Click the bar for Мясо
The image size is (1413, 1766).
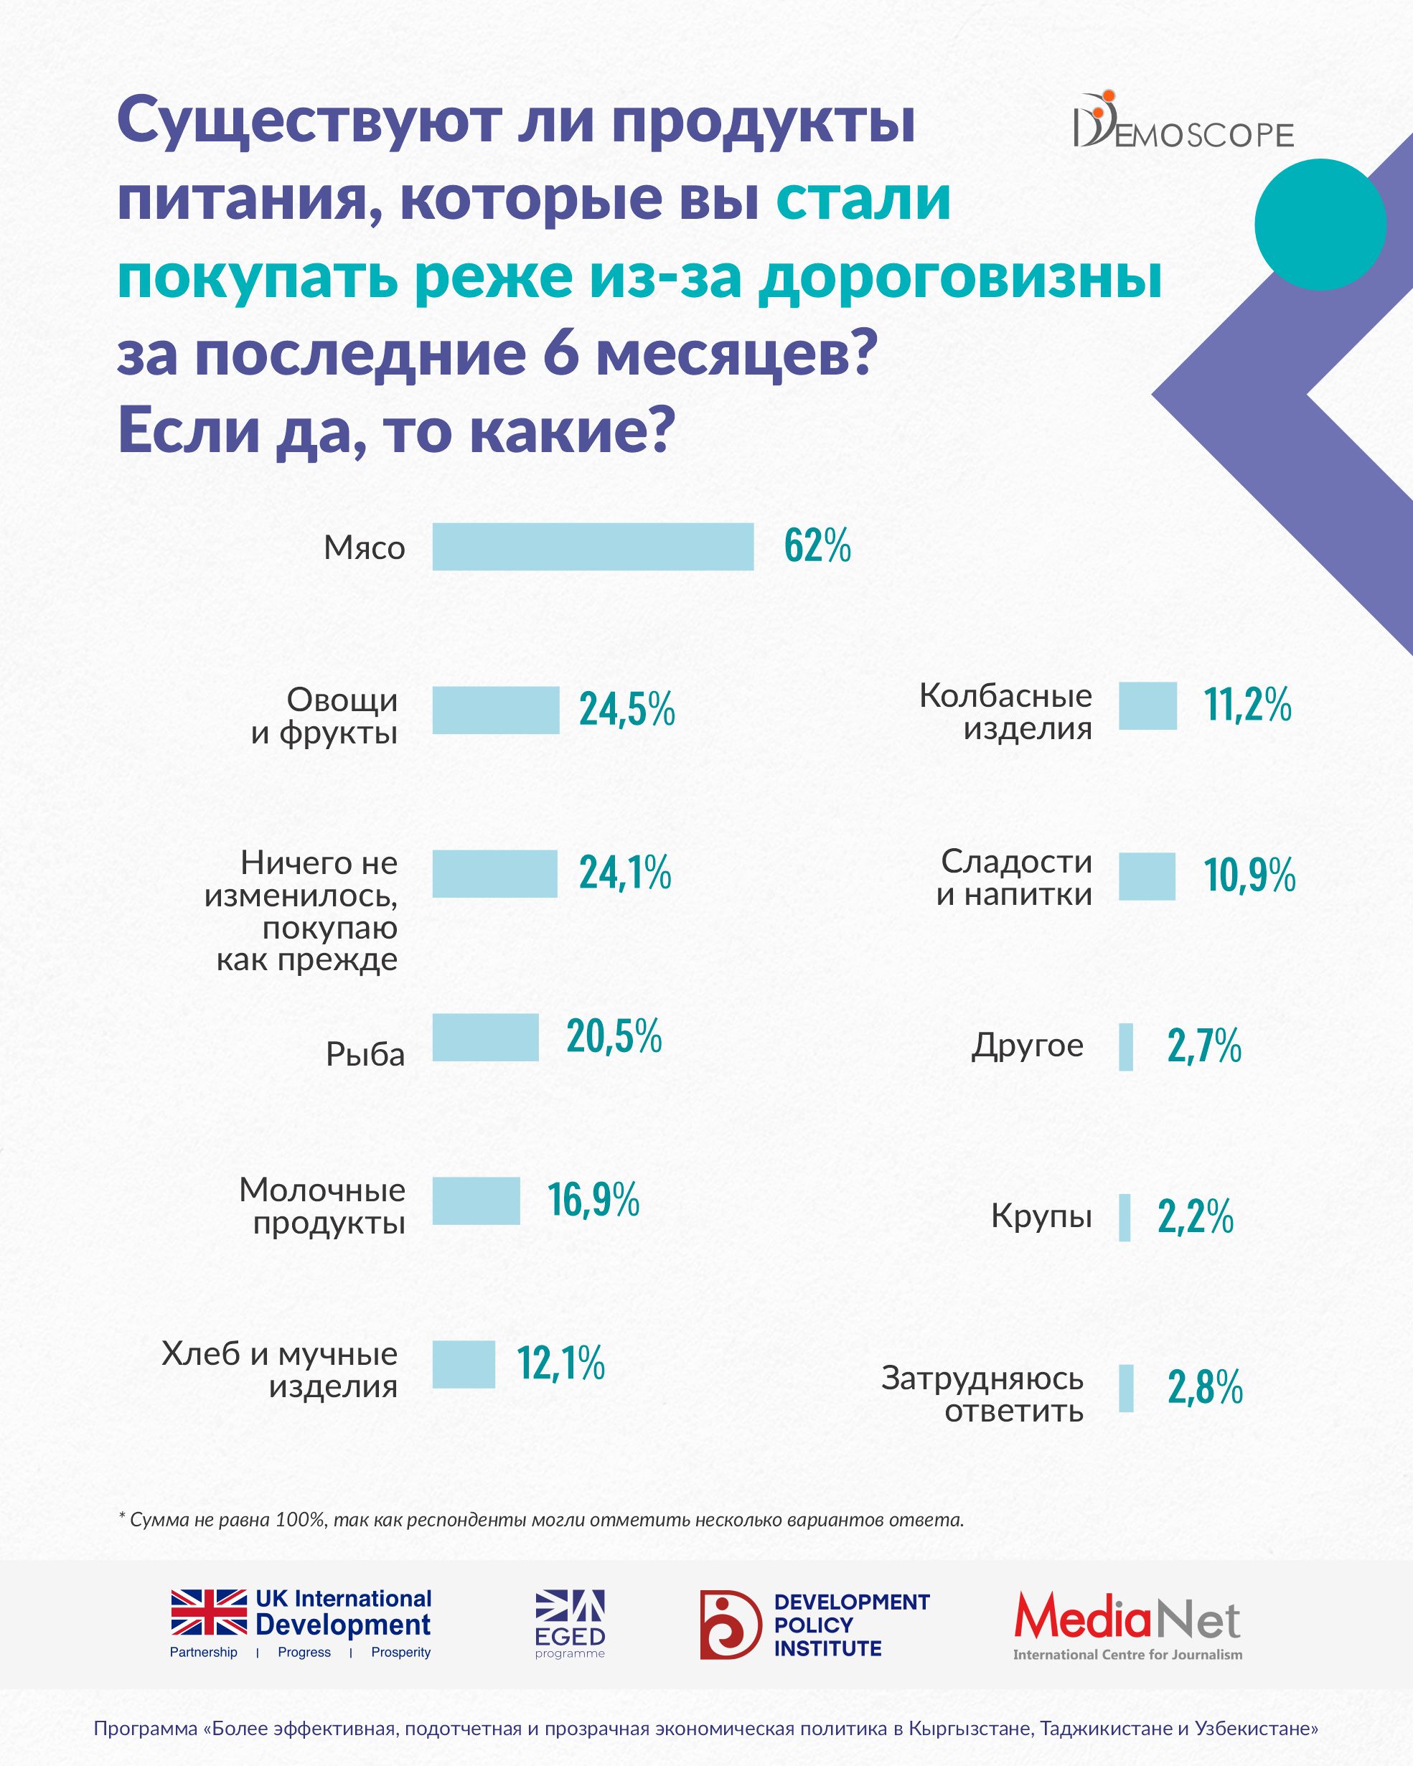tap(592, 546)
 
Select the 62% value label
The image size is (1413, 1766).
tap(817, 545)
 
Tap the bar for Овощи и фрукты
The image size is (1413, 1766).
tap(496, 710)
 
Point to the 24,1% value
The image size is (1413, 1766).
tap(625, 873)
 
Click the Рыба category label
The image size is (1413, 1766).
tap(365, 1054)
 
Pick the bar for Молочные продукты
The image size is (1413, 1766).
tap(476, 1201)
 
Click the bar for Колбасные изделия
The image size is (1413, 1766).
tap(1147, 705)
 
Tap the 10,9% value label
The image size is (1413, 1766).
tap(1249, 875)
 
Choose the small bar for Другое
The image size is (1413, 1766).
tap(1126, 1047)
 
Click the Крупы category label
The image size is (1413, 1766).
tap(1041, 1216)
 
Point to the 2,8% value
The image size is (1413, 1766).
tap(1205, 1388)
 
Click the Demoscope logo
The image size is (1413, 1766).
tap(1183, 122)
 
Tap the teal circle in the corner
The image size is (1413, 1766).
tap(1320, 225)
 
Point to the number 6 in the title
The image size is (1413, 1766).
tap(560, 354)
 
